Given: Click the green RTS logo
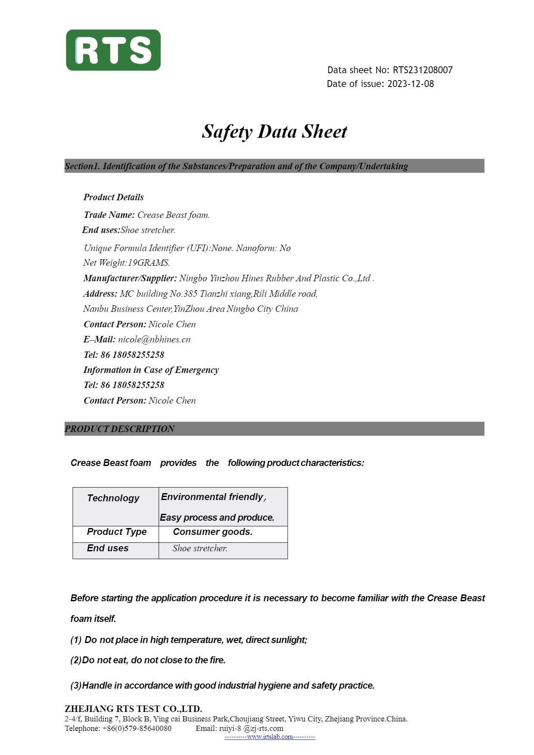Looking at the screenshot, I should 113,50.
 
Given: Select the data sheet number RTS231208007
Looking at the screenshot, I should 422,70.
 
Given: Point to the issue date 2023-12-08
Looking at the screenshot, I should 410,84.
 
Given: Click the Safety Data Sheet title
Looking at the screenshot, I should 274,131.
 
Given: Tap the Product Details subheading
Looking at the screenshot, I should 114,197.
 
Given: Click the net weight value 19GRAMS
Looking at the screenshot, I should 149,263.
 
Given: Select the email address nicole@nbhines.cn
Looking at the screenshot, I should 154,339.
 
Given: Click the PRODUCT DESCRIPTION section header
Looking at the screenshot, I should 119,429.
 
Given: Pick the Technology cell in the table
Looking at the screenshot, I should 113,498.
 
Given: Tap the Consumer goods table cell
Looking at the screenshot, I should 213,532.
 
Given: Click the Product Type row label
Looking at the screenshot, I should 117,532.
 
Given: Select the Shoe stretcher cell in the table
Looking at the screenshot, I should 200,548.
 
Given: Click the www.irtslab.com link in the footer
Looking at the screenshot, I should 270,737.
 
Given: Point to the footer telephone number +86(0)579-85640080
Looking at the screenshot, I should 137,728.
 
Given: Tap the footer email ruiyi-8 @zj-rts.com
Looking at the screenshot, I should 251,728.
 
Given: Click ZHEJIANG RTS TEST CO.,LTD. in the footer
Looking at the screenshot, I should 133,709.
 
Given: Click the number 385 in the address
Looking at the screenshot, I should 190,294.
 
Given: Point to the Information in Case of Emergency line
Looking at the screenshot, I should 151,370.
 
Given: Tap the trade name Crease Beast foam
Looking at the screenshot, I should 173,215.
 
